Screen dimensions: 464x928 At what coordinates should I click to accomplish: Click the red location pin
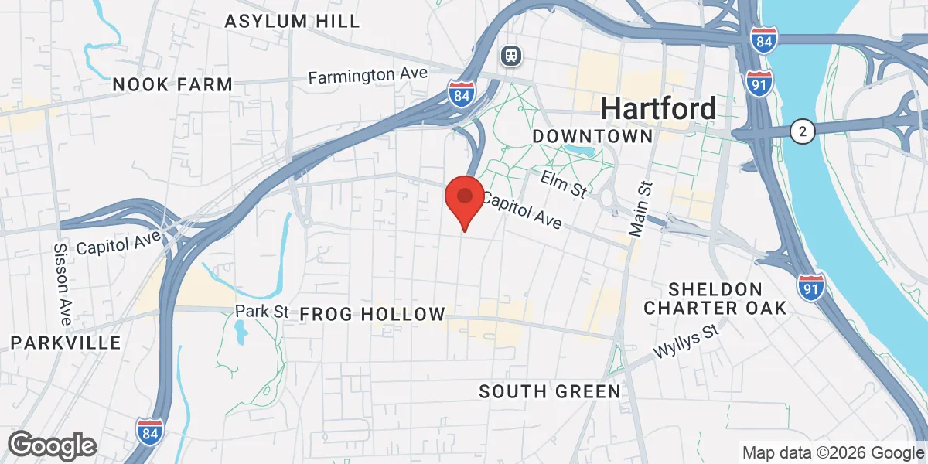click(464, 198)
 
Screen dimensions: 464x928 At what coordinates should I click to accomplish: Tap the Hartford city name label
click(658, 108)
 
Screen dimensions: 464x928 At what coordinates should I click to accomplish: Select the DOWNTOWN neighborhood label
click(593, 136)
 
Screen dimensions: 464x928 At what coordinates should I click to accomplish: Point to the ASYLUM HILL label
click(292, 21)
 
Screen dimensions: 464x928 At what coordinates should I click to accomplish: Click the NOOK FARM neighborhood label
click(172, 84)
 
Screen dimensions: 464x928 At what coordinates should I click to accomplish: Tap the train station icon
click(510, 55)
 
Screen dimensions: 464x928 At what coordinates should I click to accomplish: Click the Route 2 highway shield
click(803, 132)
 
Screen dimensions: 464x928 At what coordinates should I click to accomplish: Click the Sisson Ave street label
click(63, 284)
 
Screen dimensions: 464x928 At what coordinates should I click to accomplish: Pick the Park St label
click(261, 312)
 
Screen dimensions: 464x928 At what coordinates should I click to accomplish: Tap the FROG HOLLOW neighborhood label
click(372, 314)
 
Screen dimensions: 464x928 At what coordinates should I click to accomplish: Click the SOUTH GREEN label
click(550, 391)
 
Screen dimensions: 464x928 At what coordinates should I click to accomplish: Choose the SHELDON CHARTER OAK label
click(715, 299)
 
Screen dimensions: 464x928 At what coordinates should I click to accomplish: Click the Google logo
click(52, 446)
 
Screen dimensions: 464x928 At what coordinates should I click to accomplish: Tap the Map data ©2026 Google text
click(833, 452)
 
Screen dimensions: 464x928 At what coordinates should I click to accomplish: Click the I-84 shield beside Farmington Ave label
click(461, 94)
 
